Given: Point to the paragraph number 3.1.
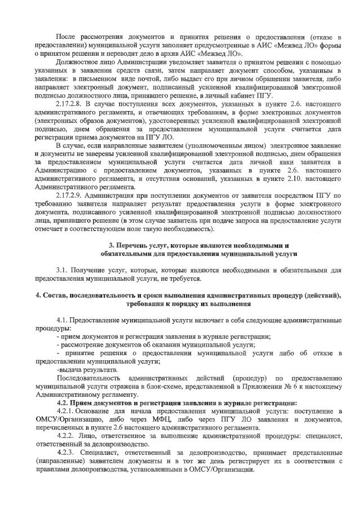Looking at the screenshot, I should coord(63,271).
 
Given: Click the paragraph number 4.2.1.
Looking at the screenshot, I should coord(68,411).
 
